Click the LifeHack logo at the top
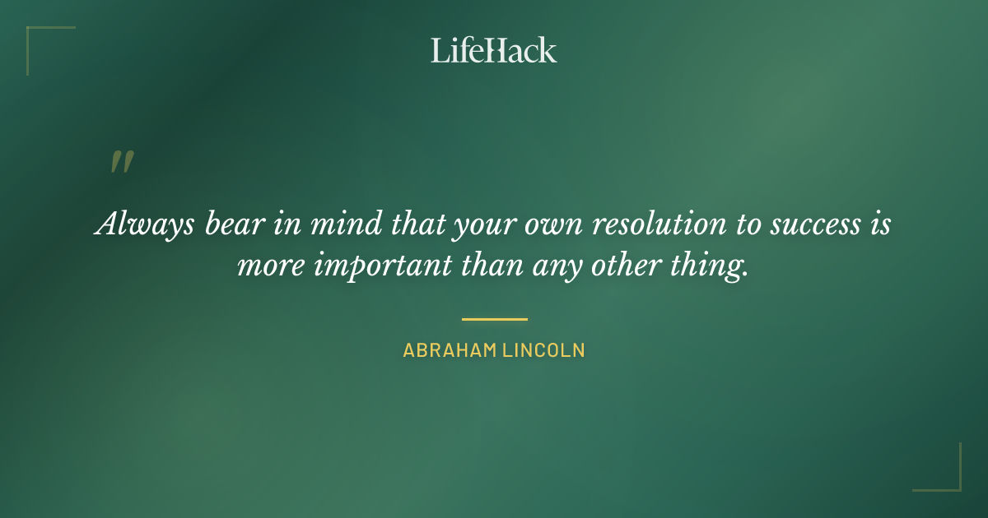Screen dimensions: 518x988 coord(494,50)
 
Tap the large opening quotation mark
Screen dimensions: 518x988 coord(121,162)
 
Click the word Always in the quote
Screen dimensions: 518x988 coord(137,224)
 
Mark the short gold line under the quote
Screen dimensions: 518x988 coord(494,319)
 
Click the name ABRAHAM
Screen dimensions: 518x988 coord(449,350)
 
